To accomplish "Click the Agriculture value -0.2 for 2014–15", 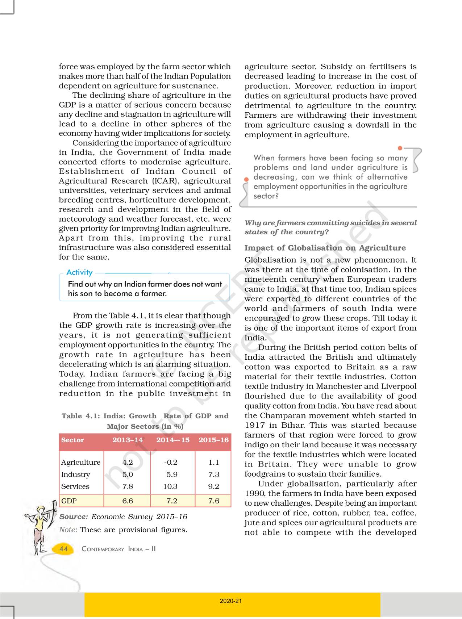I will [x=171, y=462].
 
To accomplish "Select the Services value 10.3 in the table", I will [x=170, y=486].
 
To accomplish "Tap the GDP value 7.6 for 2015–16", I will [x=214, y=501].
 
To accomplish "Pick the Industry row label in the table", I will [x=75, y=474].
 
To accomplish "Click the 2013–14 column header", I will [x=128, y=440].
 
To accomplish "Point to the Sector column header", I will [x=72, y=440].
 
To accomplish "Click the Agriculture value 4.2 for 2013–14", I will [x=128, y=462].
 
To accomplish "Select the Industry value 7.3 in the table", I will [x=214, y=474].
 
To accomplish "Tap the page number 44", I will [x=63, y=549].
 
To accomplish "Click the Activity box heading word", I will [x=79, y=272].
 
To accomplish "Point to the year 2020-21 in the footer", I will [x=231, y=601].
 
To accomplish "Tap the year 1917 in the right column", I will [x=255, y=425].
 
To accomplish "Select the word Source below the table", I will [x=74, y=517].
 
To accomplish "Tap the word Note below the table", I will [x=68, y=530].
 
